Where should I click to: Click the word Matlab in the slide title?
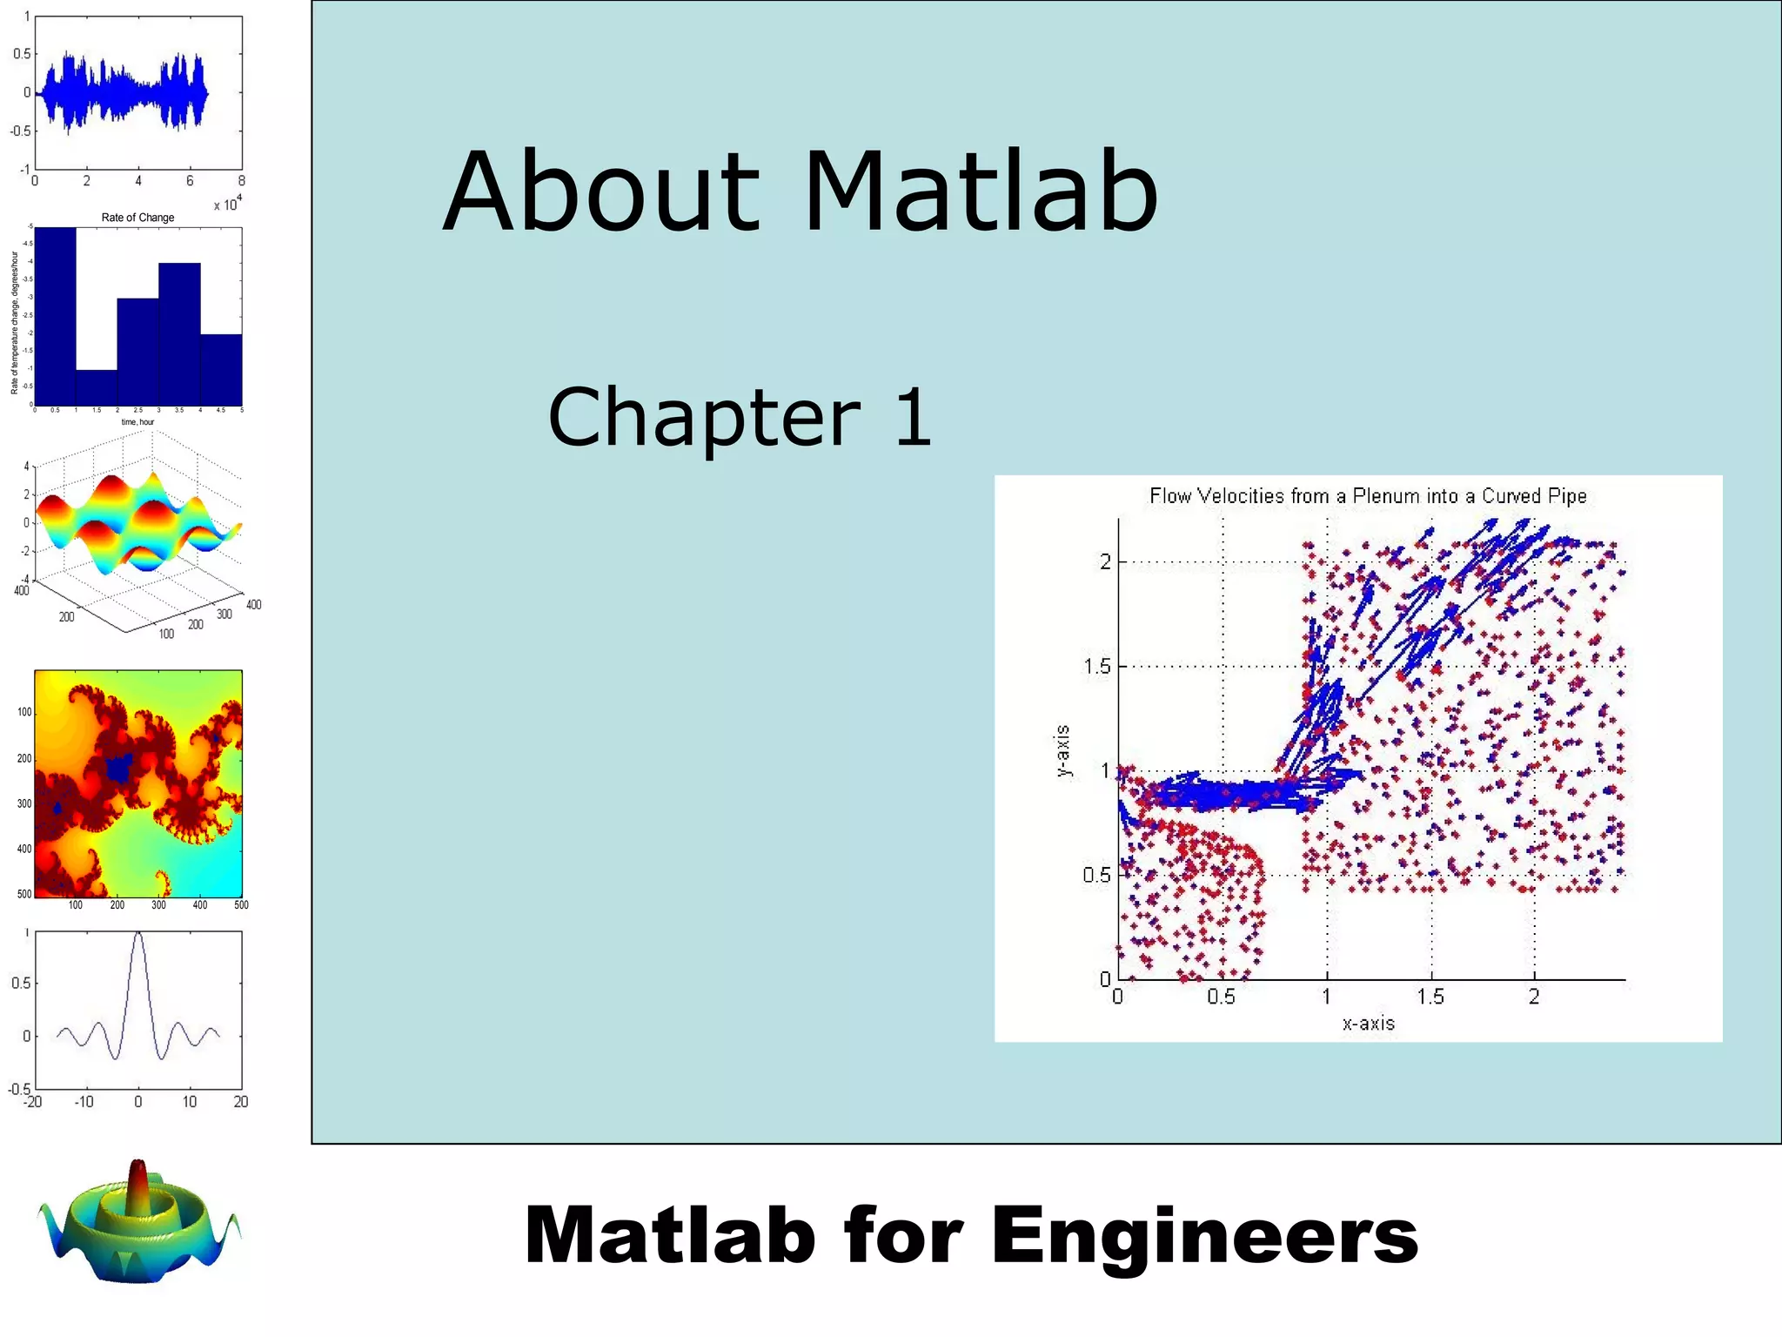click(x=981, y=193)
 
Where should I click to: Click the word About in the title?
click(x=602, y=193)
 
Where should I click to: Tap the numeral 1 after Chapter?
click(x=913, y=419)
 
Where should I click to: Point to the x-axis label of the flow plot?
click(x=1368, y=1024)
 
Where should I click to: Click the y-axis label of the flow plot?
click(x=1062, y=750)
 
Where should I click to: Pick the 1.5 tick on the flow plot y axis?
click(x=1096, y=667)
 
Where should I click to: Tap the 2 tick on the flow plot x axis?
click(x=1534, y=998)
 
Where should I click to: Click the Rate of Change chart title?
click(x=137, y=218)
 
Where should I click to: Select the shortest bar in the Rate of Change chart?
click(x=97, y=387)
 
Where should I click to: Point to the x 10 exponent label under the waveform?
click(x=227, y=204)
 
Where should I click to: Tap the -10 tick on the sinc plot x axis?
click(x=84, y=1102)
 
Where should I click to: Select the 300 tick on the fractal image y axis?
click(x=23, y=803)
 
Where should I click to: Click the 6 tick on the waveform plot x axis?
click(x=190, y=181)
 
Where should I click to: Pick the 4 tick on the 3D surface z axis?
click(x=26, y=467)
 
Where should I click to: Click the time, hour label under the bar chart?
click(x=137, y=422)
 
